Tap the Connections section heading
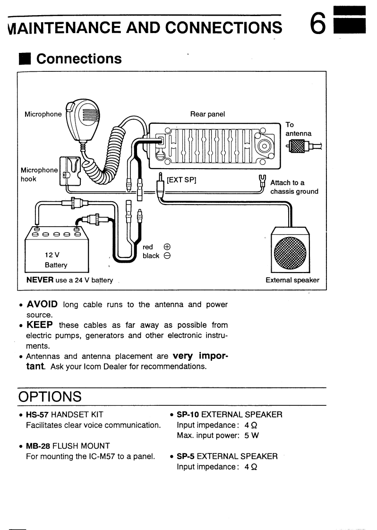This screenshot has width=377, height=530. [79, 59]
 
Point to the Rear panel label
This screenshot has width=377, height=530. [207, 114]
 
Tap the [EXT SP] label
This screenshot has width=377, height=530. [182, 180]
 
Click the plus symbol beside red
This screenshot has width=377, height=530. [167, 247]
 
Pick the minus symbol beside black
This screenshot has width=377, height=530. [167, 256]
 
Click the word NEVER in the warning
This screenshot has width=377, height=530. [40, 280]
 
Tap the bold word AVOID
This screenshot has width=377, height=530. [42, 304]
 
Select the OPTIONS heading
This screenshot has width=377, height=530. [50, 396]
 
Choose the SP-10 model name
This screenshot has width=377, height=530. [188, 415]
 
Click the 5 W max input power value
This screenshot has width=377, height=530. [251, 436]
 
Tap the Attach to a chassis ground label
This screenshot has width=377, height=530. [294, 187]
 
